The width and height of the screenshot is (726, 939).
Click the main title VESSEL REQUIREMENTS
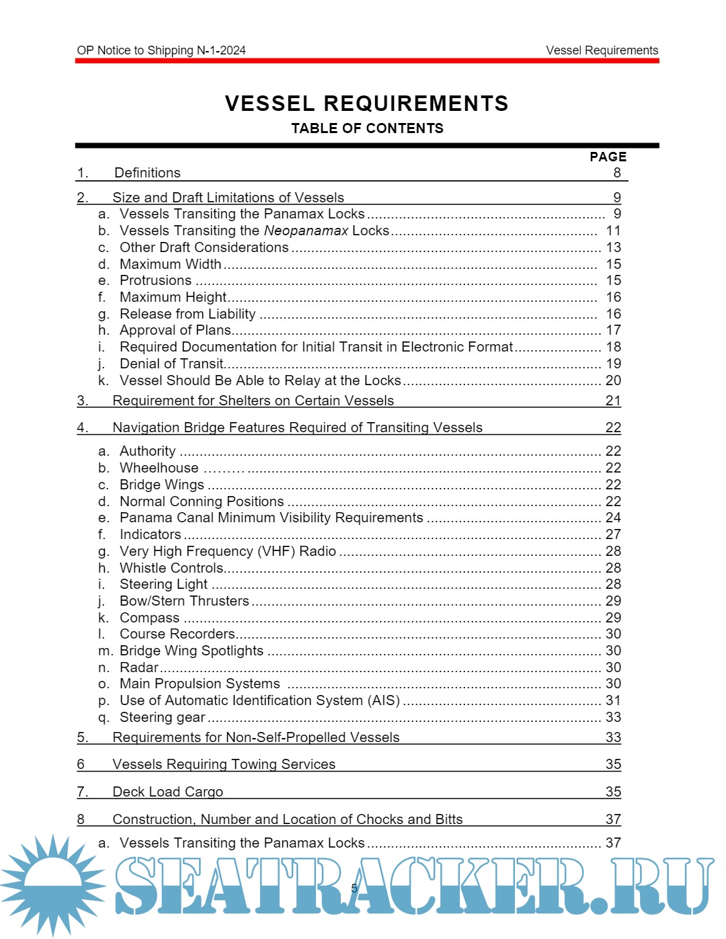pyautogui.click(x=366, y=104)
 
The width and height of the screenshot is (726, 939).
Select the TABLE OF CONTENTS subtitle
pyautogui.click(x=367, y=128)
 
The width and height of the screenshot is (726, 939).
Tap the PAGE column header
pyautogui.click(x=608, y=157)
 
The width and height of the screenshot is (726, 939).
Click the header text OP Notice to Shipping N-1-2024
pyautogui.click(x=161, y=50)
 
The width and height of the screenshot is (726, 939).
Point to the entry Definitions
pyautogui.click(x=147, y=173)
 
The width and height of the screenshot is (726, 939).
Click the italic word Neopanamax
pyautogui.click(x=306, y=231)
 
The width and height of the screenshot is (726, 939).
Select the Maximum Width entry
pyautogui.click(x=170, y=264)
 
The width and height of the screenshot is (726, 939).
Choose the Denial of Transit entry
pyautogui.click(x=171, y=364)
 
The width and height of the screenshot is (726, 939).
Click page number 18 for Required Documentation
pyautogui.click(x=613, y=347)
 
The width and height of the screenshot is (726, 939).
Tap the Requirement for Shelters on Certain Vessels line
pyautogui.click(x=253, y=401)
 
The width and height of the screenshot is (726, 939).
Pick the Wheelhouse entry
pyautogui.click(x=159, y=468)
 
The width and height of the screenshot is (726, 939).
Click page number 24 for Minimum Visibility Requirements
pyautogui.click(x=613, y=518)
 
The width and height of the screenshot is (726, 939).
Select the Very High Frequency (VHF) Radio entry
pyautogui.click(x=227, y=551)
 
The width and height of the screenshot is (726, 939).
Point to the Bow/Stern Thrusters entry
pyautogui.click(x=184, y=601)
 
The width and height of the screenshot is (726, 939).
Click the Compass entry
pyautogui.click(x=149, y=618)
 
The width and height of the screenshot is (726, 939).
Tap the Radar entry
pyautogui.click(x=139, y=667)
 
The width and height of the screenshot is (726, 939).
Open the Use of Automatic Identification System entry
pyautogui.click(x=259, y=700)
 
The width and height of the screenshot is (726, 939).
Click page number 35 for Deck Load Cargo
pyautogui.click(x=613, y=792)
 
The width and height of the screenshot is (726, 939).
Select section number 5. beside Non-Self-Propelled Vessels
pyautogui.click(x=82, y=737)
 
